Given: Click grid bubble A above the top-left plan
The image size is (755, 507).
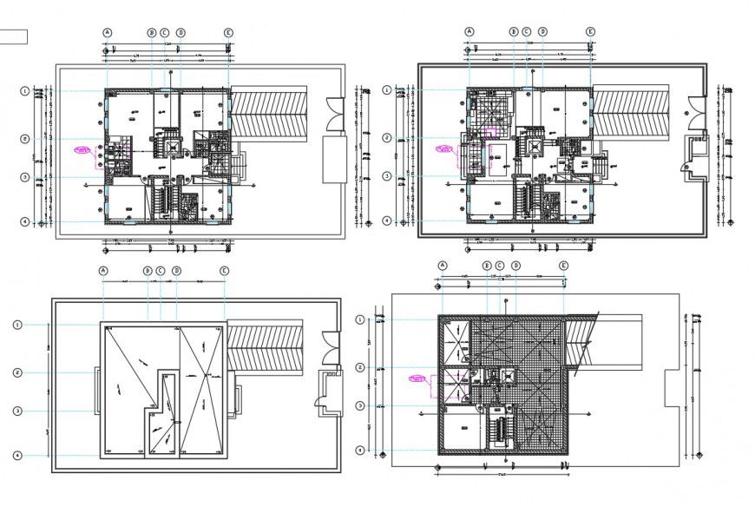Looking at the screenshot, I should click(x=108, y=33).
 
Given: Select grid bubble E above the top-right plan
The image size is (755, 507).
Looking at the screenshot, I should click(x=590, y=33).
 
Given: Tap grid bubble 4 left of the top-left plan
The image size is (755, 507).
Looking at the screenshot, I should click(x=25, y=222).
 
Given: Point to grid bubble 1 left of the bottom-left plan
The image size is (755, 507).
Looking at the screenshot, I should click(x=17, y=325).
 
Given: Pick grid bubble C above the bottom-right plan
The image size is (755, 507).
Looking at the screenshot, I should click(x=501, y=265).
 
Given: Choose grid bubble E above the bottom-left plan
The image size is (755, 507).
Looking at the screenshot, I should click(x=225, y=271).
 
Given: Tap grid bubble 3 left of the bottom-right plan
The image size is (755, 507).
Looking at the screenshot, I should click(x=360, y=405).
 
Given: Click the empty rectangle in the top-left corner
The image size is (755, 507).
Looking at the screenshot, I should click(x=14, y=36).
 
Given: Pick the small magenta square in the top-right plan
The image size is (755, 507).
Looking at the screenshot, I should click(x=490, y=130).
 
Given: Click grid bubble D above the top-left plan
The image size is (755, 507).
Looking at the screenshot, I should click(x=181, y=33).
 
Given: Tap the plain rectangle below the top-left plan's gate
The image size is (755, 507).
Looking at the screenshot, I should click(x=335, y=159).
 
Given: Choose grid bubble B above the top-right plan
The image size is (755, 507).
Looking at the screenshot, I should click(x=513, y=33).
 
